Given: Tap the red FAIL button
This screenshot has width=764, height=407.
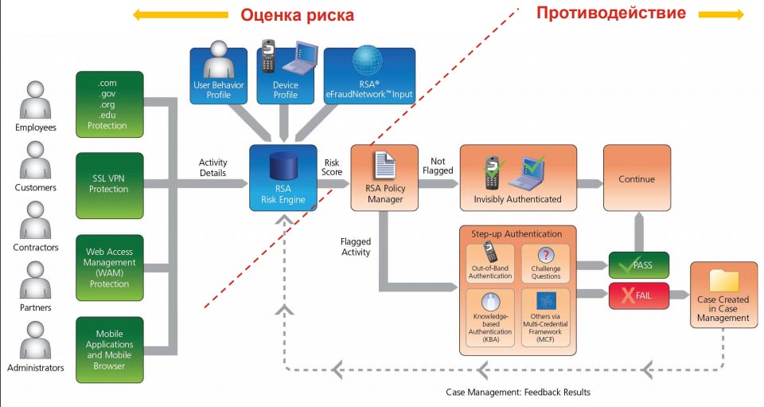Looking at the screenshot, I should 638,295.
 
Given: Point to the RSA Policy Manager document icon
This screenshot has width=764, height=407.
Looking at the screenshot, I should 385,167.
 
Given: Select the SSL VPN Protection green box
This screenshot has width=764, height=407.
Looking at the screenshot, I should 110,185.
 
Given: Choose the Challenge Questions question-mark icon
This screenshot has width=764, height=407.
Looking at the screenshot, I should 545,255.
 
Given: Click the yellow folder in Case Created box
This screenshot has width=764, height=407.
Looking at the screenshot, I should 723,281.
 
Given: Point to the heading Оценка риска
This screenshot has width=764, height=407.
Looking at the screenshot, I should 297,15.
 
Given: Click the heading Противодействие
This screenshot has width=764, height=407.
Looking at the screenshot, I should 610,13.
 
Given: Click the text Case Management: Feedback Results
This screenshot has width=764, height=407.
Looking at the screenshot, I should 517,392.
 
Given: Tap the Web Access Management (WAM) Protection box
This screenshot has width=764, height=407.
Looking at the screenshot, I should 110,268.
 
